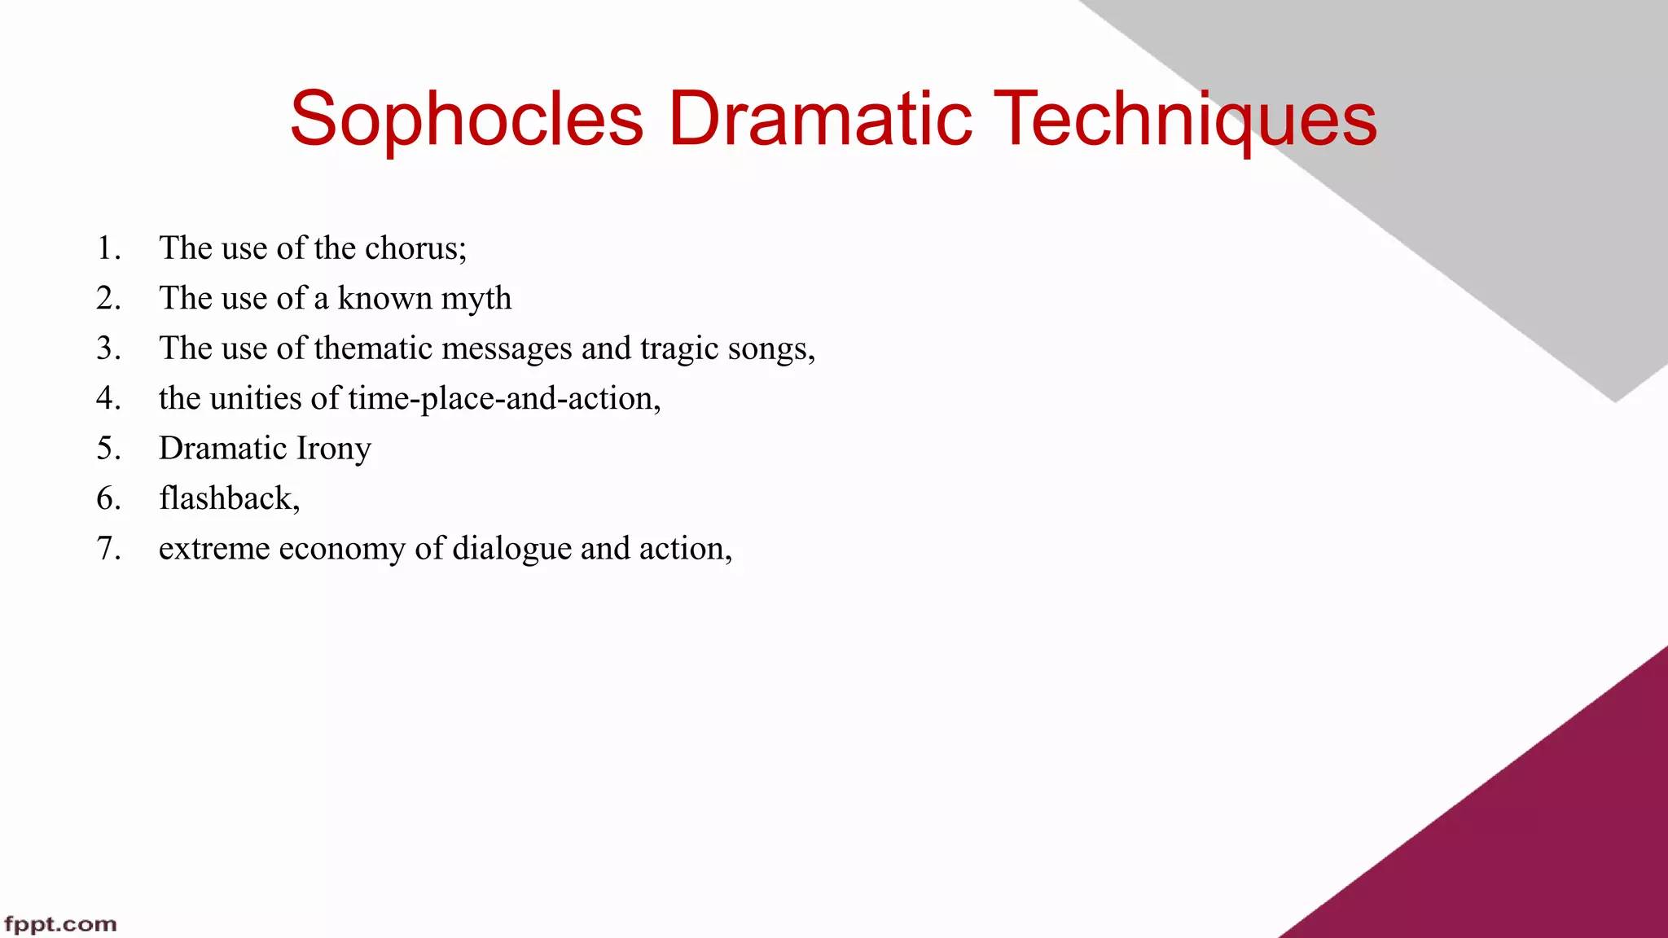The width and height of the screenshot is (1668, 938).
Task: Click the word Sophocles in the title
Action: (x=467, y=120)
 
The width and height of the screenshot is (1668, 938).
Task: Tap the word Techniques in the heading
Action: (x=1185, y=120)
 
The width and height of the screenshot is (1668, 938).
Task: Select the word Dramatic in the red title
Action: (x=820, y=120)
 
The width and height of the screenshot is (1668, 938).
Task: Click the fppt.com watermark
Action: (x=60, y=924)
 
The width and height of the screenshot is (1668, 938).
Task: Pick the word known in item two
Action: (x=384, y=299)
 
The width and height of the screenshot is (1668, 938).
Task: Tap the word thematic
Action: (x=373, y=348)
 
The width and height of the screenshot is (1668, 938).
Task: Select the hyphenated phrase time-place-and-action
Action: (x=503, y=398)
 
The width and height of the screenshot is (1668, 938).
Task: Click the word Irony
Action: (x=333, y=449)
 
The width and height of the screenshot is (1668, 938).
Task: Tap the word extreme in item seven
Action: (x=214, y=549)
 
